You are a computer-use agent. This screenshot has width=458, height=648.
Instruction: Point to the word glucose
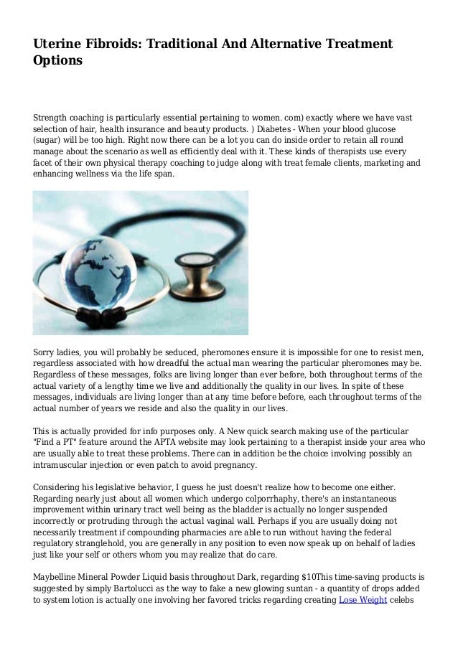pos(398,128)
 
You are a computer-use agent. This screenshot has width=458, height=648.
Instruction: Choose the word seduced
pos(173,352)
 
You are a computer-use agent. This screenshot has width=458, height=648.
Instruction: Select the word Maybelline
pos(59,576)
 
